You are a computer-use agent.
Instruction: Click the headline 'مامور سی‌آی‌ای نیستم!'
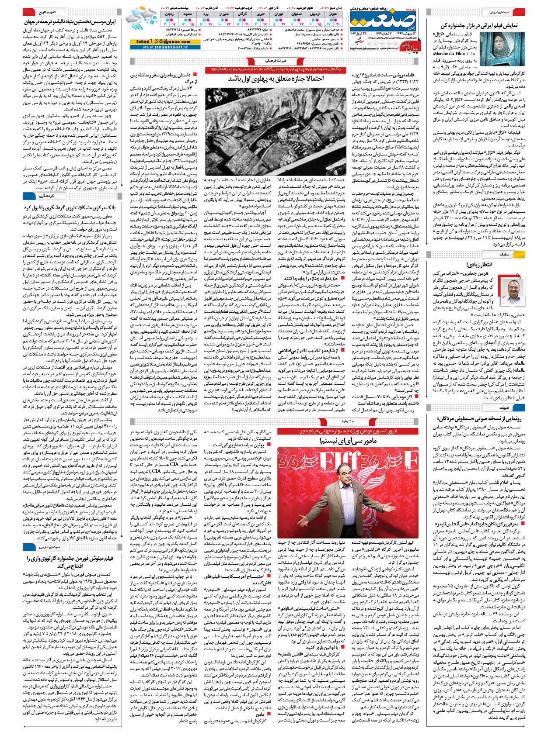click(348, 442)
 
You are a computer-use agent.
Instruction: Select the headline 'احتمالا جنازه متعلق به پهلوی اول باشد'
click(276, 79)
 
